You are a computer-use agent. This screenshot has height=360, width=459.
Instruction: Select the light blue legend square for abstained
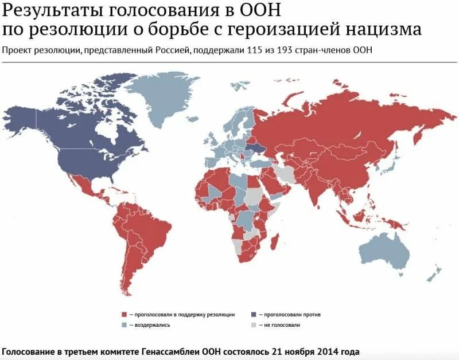(123, 325)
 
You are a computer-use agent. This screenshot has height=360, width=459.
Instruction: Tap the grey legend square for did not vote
(254, 325)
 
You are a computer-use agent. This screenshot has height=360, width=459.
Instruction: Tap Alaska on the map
(20, 118)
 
